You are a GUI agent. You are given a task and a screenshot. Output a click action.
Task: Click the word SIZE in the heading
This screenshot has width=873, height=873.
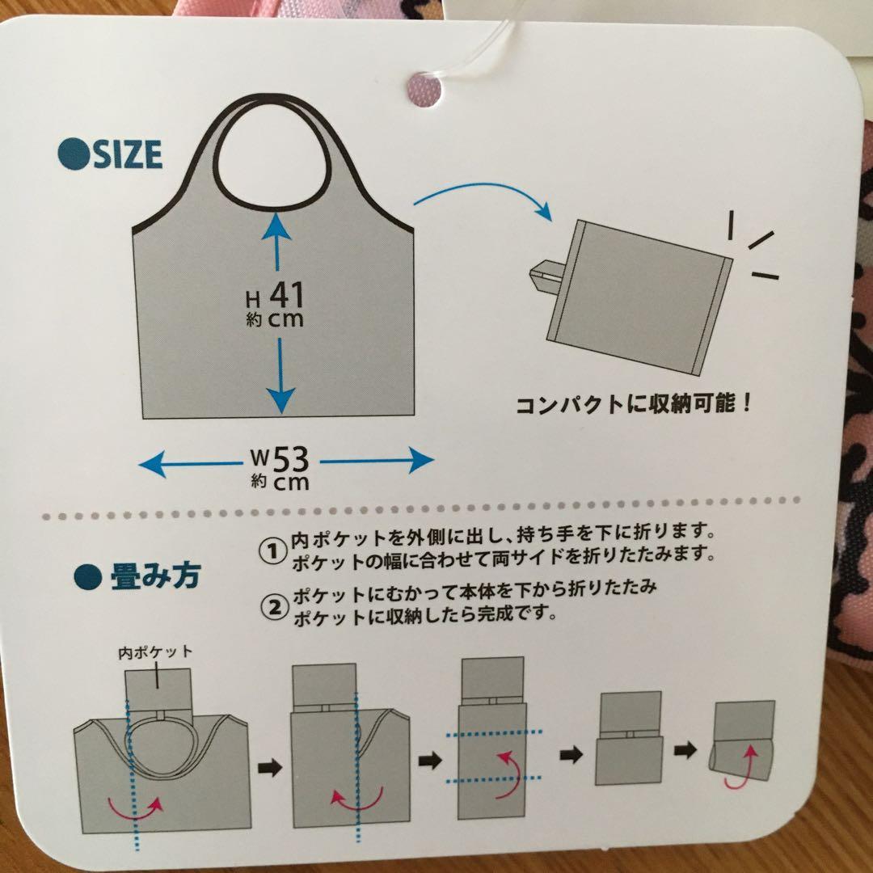(128, 154)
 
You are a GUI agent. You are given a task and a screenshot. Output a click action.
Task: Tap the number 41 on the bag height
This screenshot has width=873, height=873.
(287, 294)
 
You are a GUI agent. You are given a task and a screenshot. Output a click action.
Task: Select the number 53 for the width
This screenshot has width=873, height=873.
(291, 459)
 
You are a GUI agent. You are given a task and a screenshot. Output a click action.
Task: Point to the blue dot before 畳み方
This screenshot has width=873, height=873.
(88, 577)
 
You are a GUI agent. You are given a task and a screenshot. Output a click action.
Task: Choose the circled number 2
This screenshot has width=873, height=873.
(275, 608)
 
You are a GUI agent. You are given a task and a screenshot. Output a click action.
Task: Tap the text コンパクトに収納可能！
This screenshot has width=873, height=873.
(633, 403)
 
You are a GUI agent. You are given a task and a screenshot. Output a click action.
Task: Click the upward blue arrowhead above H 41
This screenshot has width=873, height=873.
(276, 228)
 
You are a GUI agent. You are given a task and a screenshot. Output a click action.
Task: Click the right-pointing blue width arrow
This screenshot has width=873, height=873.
(377, 461)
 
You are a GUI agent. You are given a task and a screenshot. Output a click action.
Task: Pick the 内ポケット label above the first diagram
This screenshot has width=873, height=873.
(155, 652)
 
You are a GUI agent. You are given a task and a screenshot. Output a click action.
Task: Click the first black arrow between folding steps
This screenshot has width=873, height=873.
(270, 769)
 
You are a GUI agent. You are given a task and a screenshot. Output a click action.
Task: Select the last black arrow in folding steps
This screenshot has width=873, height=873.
(685, 749)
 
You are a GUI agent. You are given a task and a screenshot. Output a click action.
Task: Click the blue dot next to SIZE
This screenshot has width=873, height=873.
(74, 154)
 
